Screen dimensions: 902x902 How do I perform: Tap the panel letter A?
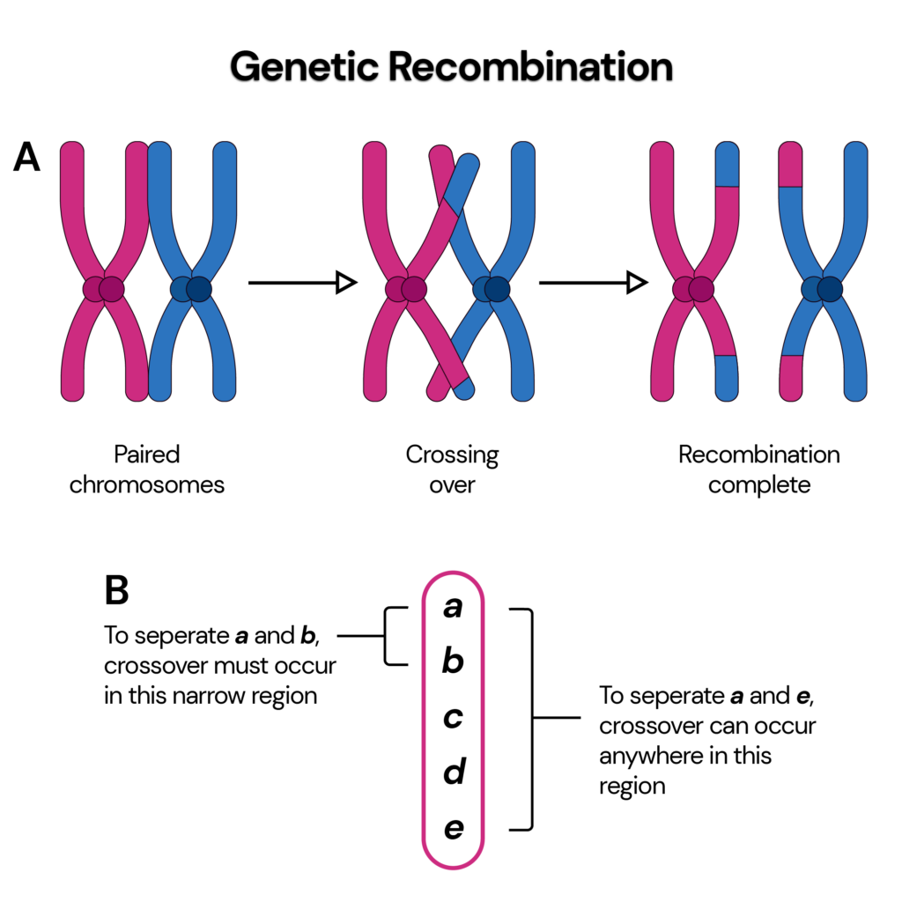26,159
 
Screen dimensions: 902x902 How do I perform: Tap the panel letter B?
117,591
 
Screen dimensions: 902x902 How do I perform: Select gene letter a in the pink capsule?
453,607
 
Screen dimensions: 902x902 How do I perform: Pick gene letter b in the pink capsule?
453,662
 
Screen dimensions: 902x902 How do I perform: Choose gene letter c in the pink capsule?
453,718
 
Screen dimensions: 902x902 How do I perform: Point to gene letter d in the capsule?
453,773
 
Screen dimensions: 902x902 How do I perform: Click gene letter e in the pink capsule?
453,829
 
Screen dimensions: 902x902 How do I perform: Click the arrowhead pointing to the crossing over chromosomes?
346,283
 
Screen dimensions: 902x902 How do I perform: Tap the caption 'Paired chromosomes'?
147,469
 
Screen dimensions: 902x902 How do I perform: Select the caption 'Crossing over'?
452,469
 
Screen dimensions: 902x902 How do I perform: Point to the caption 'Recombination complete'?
758,469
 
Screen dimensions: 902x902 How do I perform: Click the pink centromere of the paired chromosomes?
105,289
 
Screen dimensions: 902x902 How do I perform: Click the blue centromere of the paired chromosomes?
192,289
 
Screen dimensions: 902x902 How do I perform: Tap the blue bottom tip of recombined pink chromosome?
727,375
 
